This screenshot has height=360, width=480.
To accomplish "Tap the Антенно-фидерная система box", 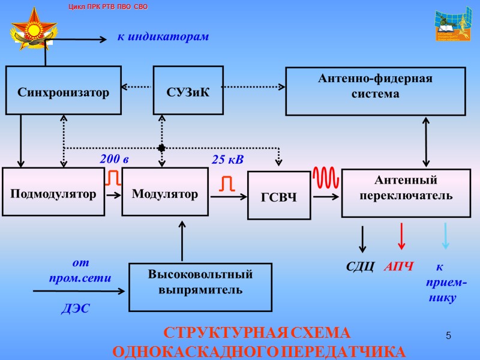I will click(x=375, y=91).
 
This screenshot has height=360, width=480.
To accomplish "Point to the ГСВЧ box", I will click(x=279, y=196).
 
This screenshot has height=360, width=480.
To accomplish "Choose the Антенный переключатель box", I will click(x=406, y=193).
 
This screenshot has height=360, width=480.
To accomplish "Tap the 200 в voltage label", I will click(x=114, y=160).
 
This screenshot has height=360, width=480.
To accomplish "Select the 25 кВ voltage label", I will click(x=228, y=160).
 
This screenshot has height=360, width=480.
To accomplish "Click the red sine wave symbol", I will click(x=326, y=178).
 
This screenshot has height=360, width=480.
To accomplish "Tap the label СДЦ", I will click(x=361, y=266).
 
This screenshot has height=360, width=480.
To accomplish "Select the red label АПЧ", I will click(x=398, y=266).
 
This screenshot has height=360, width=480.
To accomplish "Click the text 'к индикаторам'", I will click(x=163, y=37).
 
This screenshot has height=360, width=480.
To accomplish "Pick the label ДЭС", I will click(x=76, y=310).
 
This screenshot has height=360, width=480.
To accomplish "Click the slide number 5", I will click(x=448, y=334).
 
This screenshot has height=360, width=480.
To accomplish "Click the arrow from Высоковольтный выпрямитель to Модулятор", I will click(x=182, y=240).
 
